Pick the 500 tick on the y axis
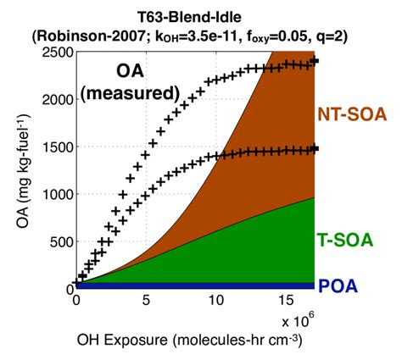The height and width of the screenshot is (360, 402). coord(59,241)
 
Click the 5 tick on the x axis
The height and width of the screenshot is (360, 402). coord(146,300)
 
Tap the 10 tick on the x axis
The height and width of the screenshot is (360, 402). coord(215,300)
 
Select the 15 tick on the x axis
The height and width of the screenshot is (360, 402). coord(286,300)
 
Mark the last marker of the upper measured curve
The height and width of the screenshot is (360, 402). coord(314,62)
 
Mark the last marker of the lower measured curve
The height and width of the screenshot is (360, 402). coord(314,149)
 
